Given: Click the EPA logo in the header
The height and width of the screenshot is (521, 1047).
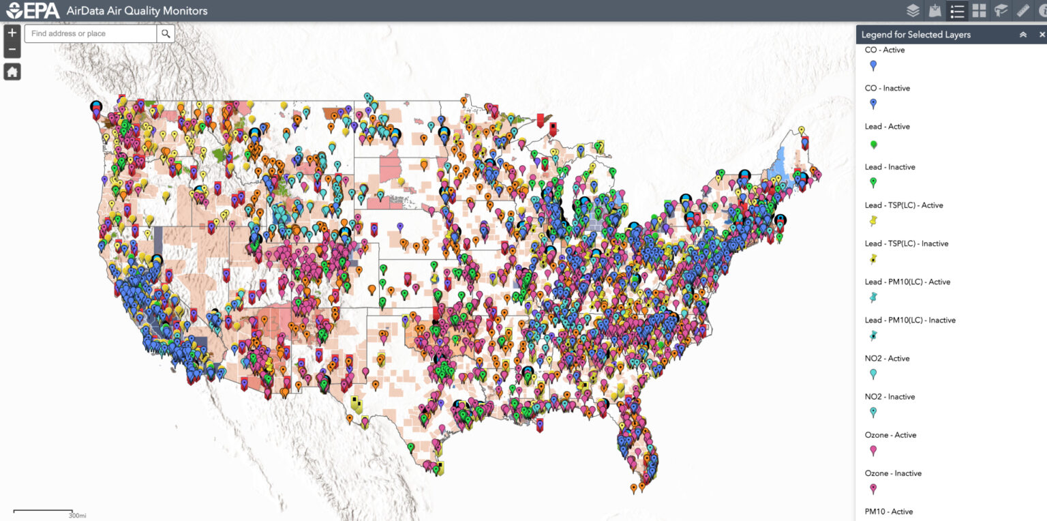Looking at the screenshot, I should point(32,10).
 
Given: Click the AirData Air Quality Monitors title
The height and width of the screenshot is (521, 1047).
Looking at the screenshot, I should point(137,11).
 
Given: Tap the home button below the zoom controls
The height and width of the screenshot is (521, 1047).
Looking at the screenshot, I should point(12,72).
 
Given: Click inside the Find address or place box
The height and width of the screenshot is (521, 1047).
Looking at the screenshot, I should point(91,33).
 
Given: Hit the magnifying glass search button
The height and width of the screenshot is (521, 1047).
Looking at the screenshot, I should point(166,33).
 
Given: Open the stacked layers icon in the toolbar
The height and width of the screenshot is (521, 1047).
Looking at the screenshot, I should point(913,10).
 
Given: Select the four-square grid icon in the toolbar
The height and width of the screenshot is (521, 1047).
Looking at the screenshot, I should point(979,10).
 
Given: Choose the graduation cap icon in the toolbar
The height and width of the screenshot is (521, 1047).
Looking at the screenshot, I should point(1001,10).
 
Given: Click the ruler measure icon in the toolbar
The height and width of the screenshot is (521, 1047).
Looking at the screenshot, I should point(1022,10).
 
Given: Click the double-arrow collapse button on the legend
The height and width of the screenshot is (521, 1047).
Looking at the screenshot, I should point(1022,35).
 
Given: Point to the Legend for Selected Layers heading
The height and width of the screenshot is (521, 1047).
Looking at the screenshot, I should point(915,35).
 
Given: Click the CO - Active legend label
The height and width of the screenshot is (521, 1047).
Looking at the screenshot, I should point(885,50).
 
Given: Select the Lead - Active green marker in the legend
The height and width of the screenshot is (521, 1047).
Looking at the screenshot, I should point(873,145).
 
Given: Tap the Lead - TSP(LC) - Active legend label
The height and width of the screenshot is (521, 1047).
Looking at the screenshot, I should point(903,205).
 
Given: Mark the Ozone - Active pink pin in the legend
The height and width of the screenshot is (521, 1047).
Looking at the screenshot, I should point(873,451).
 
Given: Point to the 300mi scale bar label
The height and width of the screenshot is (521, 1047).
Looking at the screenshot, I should point(77,515).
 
